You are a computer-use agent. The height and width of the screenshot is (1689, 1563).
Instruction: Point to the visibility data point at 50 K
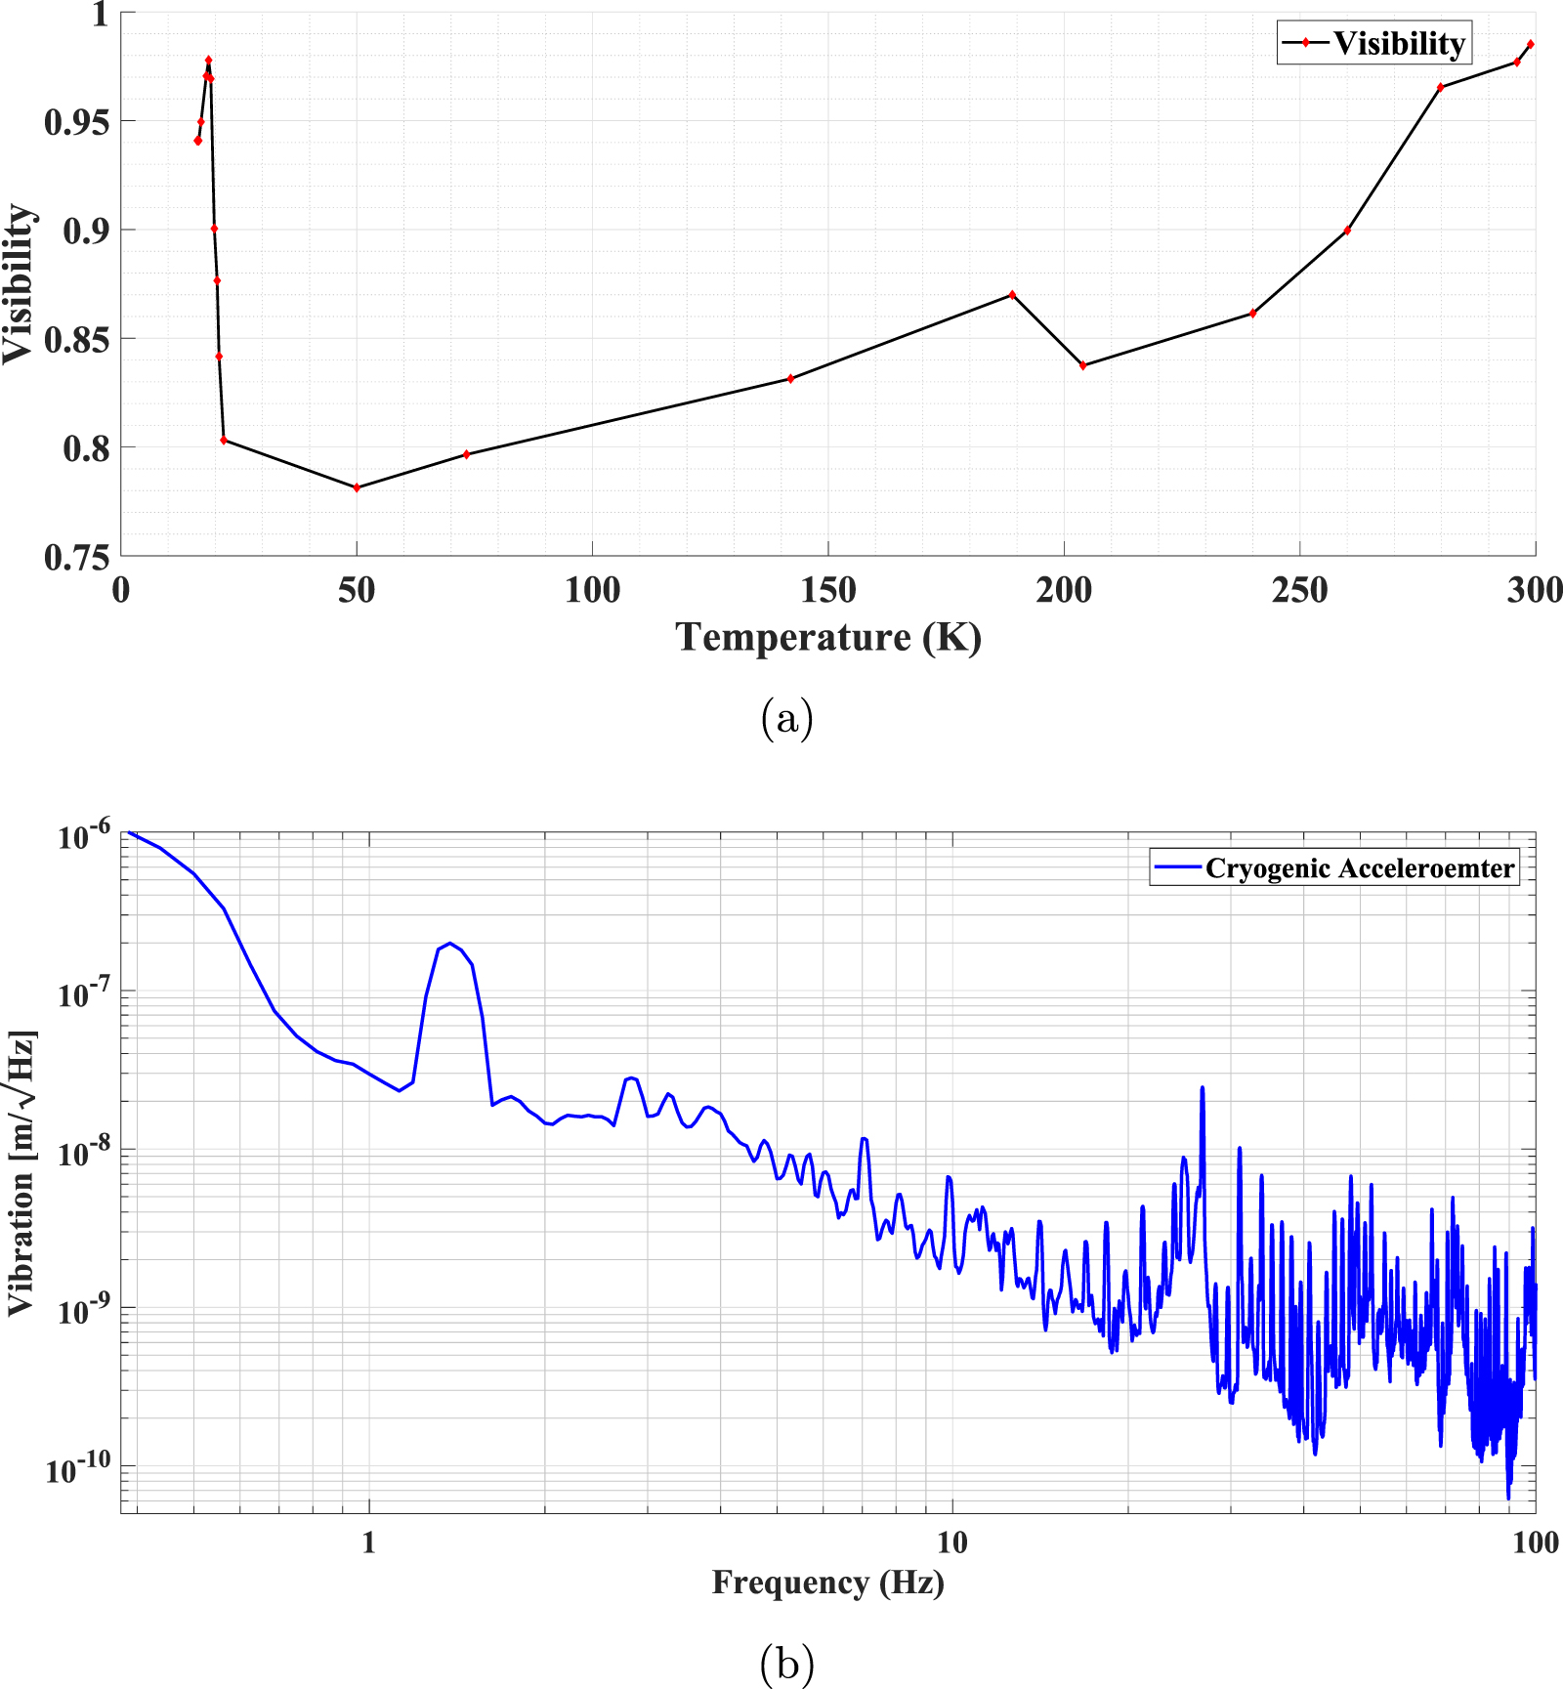[357, 487]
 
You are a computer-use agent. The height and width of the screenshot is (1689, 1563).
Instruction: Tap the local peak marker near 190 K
[1012, 294]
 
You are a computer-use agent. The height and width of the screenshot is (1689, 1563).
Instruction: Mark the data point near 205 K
[1082, 365]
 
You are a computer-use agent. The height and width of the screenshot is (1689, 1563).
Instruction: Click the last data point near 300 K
[1530, 44]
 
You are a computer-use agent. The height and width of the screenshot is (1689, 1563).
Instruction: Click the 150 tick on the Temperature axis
[827, 590]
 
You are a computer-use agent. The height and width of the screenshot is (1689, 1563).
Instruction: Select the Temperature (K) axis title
[827, 637]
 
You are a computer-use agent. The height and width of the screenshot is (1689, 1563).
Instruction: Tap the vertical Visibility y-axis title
[19, 283]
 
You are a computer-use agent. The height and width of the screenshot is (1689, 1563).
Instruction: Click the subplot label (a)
[786, 718]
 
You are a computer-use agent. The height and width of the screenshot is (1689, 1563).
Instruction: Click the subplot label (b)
[786, 1662]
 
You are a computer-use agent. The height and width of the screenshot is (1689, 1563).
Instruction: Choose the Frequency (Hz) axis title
[827, 1582]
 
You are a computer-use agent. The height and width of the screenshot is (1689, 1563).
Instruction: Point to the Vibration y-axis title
[21, 1172]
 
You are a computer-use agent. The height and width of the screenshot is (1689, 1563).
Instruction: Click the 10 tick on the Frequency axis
[951, 1542]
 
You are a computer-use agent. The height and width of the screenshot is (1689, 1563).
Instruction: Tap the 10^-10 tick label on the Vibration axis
[80, 1468]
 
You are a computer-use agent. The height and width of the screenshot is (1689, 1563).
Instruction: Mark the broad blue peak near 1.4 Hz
[449, 944]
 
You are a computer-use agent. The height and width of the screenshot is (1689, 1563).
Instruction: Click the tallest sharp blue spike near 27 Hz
[1203, 1087]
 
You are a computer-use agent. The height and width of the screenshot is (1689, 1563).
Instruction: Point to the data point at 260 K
[1347, 231]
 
